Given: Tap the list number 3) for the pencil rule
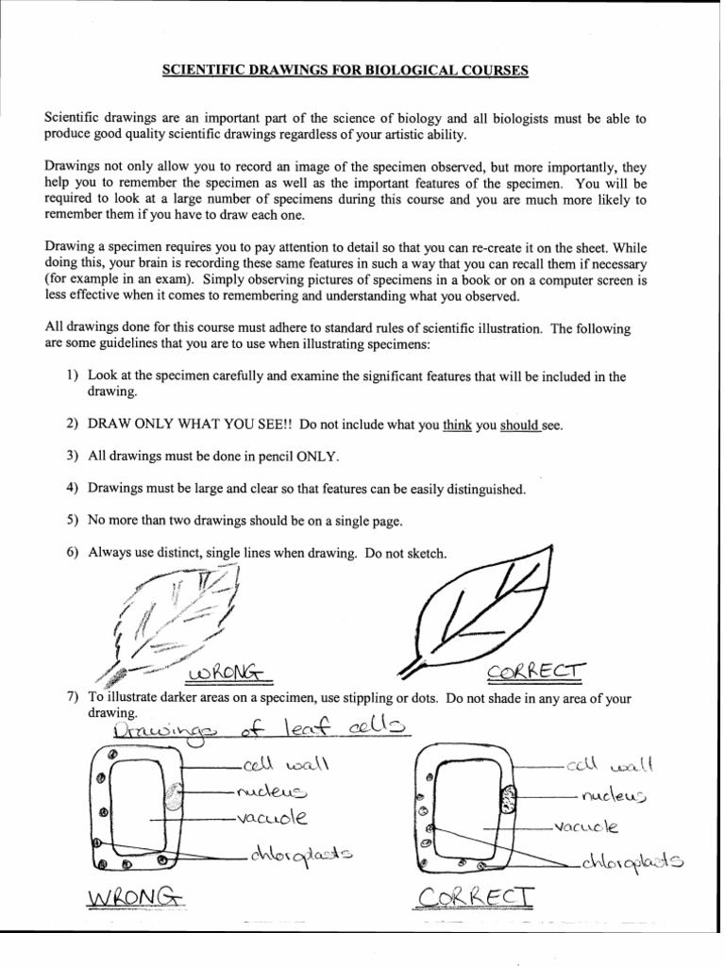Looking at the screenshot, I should click(72, 457).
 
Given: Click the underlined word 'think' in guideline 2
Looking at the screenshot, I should click(457, 425).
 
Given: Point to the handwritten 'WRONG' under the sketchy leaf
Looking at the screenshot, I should click(228, 674).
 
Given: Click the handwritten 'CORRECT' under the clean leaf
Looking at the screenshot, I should click(537, 672).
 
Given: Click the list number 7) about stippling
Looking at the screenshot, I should click(72, 698).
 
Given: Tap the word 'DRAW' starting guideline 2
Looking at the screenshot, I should click(110, 425).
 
